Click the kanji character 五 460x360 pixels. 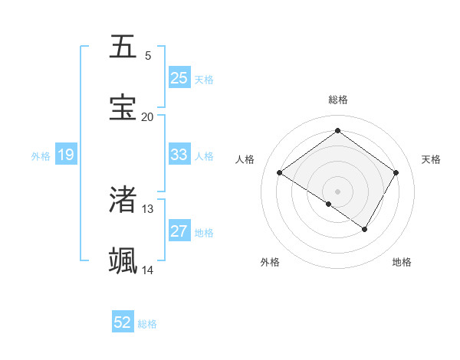123,47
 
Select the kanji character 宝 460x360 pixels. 123,108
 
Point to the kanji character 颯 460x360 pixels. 123,261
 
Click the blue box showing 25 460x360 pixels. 179,78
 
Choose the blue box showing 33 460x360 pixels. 179,155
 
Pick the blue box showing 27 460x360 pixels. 179,231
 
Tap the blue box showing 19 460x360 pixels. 66,155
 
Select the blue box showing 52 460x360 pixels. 123,322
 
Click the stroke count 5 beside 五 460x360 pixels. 147,56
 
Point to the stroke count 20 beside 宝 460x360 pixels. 147,117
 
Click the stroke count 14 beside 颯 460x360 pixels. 147,270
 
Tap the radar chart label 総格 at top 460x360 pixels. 338,100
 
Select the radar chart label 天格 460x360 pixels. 432,159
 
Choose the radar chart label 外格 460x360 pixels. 270,262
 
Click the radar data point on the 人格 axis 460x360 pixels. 280,173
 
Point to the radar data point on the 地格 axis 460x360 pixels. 365,229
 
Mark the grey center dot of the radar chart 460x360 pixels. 338,191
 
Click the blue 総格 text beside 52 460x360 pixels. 147,324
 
